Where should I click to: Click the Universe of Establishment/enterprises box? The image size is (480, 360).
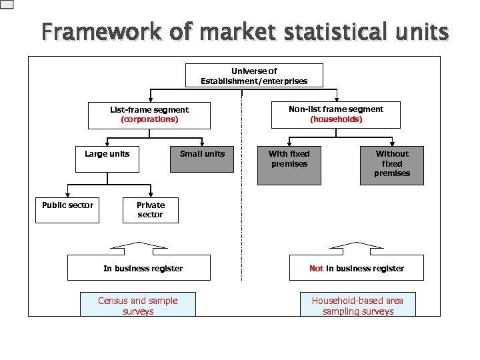pos(253,75)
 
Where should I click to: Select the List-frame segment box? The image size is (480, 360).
pos(149,115)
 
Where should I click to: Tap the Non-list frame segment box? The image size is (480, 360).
pos(336,114)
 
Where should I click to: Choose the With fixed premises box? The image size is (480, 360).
pos(289,163)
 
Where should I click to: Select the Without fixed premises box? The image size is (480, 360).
pos(391,164)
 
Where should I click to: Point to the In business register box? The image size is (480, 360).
pos(143,268)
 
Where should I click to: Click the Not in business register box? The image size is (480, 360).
pos(357,268)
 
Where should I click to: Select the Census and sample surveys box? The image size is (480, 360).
pos(138,305)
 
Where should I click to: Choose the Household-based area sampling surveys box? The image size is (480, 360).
pos(358,305)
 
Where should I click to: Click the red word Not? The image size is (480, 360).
pos(316,269)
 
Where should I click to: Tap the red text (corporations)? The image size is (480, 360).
pos(149,119)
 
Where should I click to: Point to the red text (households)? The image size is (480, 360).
pos(336,119)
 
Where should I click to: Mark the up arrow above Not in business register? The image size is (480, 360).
pos(357,248)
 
